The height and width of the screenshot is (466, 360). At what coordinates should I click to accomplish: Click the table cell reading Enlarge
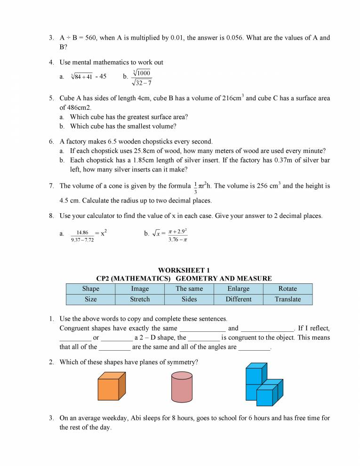point(239,289)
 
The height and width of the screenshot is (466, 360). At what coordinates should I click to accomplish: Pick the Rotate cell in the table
point(288,289)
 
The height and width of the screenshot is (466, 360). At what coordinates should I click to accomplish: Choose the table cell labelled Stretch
point(140,299)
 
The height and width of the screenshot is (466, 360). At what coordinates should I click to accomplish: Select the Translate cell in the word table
point(288,299)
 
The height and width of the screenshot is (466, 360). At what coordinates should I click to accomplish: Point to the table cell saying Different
point(239,299)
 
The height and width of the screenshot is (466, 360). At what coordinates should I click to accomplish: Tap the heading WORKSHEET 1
point(184,270)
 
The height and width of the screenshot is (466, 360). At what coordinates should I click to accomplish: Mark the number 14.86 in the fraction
point(82,232)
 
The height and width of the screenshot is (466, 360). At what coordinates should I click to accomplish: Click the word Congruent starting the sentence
point(76,328)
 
